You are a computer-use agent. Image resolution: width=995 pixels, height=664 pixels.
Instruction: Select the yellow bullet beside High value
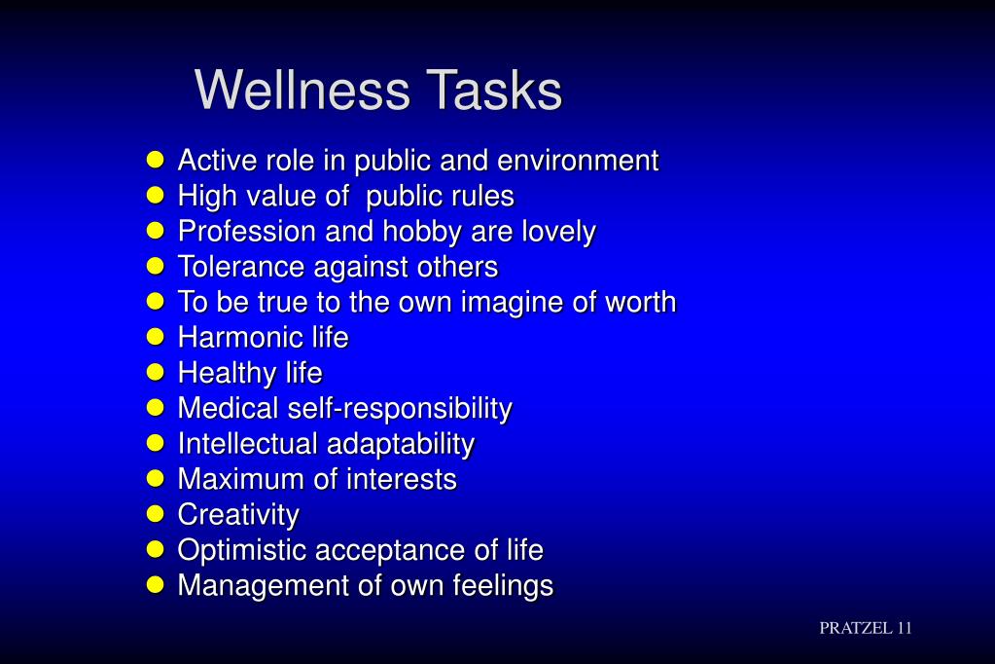pyautogui.click(x=156, y=196)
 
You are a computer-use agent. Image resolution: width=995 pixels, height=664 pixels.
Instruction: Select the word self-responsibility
pyautogui.click(x=399, y=409)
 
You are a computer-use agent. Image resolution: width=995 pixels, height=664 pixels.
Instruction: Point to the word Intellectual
pyautogui.click(x=247, y=444)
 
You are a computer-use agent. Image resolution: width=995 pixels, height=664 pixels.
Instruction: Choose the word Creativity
pyautogui.click(x=238, y=514)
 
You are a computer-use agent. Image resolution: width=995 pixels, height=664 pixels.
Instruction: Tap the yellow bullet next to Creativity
pyautogui.click(x=156, y=514)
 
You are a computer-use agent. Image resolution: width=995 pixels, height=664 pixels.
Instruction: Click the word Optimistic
pyautogui.click(x=240, y=550)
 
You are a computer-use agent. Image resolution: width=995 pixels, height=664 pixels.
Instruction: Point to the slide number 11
pyautogui.click(x=904, y=628)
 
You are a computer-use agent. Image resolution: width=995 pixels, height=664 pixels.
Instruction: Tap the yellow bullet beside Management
pyautogui.click(x=156, y=585)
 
